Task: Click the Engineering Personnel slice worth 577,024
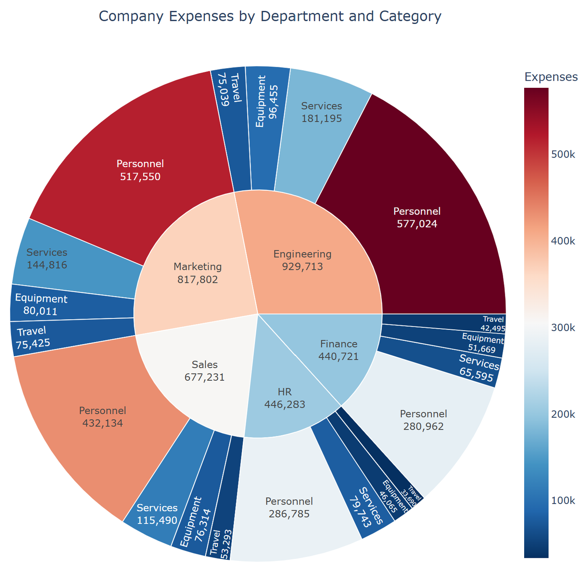point(417,217)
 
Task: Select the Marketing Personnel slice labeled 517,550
point(140,170)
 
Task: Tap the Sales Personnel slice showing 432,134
point(103,416)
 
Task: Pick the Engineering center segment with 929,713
point(302,260)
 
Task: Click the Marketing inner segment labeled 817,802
point(197,273)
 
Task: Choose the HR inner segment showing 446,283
point(284,398)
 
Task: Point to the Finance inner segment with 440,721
point(339,350)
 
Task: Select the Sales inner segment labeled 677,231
point(205,371)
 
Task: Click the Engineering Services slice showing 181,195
point(322,112)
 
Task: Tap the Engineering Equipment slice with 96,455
point(267,101)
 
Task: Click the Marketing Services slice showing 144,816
point(47,258)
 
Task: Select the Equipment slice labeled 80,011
point(41,305)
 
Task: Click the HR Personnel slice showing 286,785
point(289,507)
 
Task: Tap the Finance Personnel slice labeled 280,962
point(423,420)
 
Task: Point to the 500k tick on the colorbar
point(563,154)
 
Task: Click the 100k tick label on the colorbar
point(563,500)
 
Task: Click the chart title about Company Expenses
point(270,16)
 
